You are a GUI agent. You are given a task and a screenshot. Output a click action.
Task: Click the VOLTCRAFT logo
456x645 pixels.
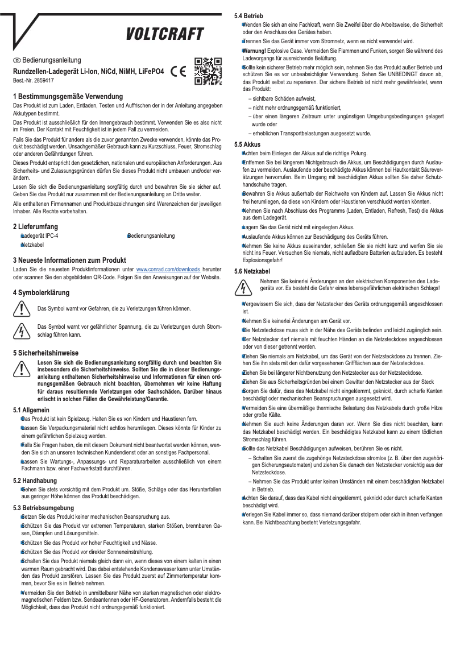(x=164, y=35)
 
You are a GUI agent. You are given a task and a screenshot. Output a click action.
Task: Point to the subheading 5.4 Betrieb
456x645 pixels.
(x=252, y=16)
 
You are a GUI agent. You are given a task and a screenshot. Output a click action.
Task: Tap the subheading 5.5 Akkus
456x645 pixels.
(x=251, y=144)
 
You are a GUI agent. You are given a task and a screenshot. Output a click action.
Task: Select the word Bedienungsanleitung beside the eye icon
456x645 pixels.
(x=52, y=60)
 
